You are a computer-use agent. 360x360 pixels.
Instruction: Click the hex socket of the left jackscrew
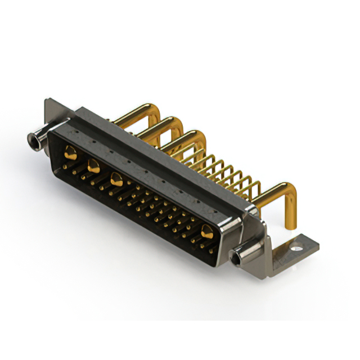click(32, 138)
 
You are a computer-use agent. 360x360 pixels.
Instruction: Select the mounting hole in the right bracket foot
click(297, 245)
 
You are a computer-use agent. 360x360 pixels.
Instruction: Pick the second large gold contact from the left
click(93, 165)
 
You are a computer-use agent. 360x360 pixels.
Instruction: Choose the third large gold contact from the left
click(116, 181)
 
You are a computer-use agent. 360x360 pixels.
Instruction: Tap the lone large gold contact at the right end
click(206, 231)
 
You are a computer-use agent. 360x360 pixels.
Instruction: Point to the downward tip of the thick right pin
click(291, 226)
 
